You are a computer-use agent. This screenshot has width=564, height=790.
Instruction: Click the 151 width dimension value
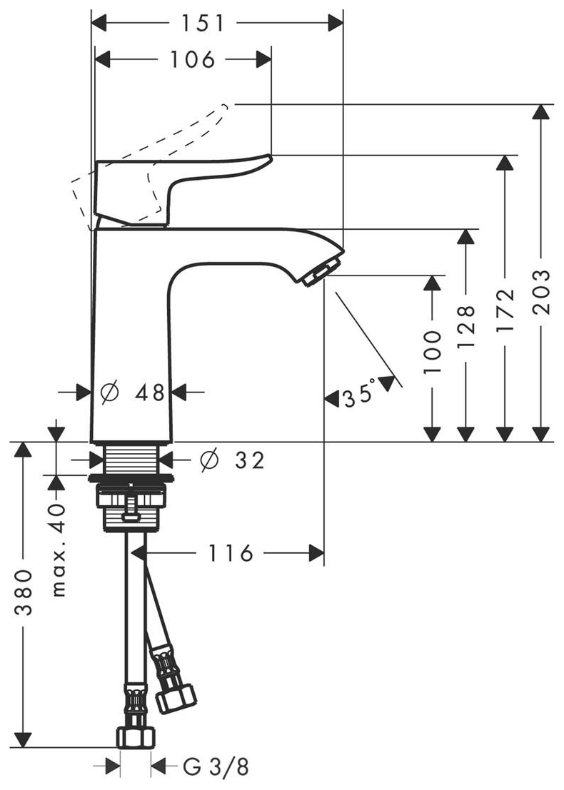click(202, 24)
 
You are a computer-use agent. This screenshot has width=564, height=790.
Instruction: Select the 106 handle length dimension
click(193, 59)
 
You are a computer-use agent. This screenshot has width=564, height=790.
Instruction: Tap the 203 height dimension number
click(542, 292)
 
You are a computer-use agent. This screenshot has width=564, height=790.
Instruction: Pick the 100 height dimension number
click(432, 353)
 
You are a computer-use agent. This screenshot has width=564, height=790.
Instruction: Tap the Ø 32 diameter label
click(233, 460)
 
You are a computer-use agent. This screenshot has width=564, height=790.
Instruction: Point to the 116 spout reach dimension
click(231, 552)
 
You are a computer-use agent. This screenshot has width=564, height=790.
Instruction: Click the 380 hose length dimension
click(24, 592)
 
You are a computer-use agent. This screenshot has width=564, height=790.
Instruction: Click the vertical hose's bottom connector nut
click(134, 735)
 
